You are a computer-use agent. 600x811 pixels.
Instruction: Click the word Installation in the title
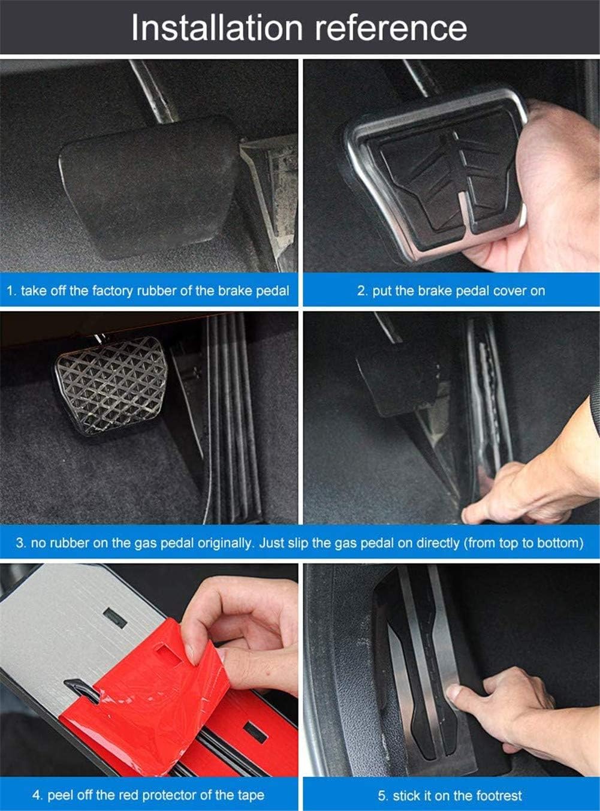click(216, 28)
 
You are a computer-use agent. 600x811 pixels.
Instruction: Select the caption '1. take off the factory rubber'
click(147, 291)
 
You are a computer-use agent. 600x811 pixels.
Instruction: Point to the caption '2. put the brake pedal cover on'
click(451, 291)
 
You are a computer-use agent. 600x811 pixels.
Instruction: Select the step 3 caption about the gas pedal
click(299, 543)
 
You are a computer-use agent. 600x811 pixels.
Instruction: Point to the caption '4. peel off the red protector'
click(147, 795)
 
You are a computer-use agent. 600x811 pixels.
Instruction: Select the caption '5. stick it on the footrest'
click(450, 796)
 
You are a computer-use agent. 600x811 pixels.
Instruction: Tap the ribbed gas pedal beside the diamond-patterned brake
click(231, 420)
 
